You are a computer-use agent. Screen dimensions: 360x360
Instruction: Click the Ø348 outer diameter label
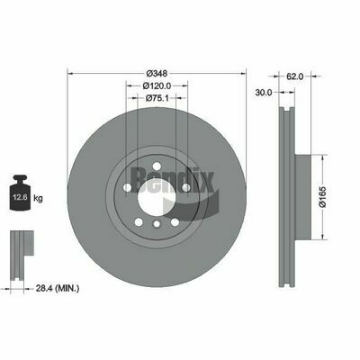157,73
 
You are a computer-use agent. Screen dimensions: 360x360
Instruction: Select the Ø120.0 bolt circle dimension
157,85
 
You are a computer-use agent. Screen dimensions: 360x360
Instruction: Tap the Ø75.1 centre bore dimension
157,98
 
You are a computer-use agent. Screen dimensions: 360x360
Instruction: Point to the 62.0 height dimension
295,76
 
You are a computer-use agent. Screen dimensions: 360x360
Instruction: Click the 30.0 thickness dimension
263,93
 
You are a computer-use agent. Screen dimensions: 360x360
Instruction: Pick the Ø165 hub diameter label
322,197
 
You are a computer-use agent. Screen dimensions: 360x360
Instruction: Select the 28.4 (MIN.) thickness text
58,289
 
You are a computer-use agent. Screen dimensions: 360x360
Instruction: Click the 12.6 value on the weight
20,197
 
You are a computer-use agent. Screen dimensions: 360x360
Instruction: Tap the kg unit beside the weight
38,198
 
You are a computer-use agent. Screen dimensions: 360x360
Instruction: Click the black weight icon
20,193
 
